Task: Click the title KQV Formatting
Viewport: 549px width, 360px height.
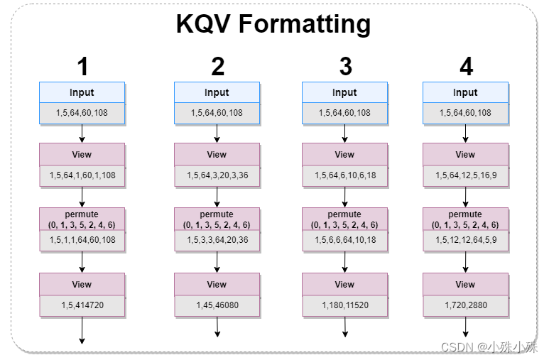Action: tap(273, 24)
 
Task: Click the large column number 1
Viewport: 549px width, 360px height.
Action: tap(82, 67)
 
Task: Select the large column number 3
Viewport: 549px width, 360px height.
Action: tap(345, 67)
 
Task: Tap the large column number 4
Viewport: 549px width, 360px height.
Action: tap(466, 67)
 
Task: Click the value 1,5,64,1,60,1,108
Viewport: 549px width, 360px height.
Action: tap(82, 175)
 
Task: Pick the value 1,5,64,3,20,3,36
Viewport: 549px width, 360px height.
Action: tap(217, 175)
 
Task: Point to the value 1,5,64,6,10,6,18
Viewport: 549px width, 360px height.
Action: tap(345, 175)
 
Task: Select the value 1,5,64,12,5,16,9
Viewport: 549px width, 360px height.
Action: tap(466, 175)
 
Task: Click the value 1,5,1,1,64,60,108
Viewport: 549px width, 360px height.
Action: tap(82, 240)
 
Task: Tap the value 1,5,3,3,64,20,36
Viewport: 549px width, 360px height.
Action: tap(217, 240)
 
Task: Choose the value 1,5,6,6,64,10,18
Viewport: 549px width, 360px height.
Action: tap(345, 240)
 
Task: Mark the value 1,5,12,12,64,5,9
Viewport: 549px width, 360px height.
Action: tap(466, 240)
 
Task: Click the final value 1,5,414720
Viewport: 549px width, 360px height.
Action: tap(82, 305)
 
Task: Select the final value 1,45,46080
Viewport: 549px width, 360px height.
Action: tap(217, 305)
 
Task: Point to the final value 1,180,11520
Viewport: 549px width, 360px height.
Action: tap(345, 305)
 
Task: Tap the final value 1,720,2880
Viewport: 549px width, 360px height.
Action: tap(466, 305)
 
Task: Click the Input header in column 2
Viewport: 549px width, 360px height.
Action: tap(217, 92)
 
